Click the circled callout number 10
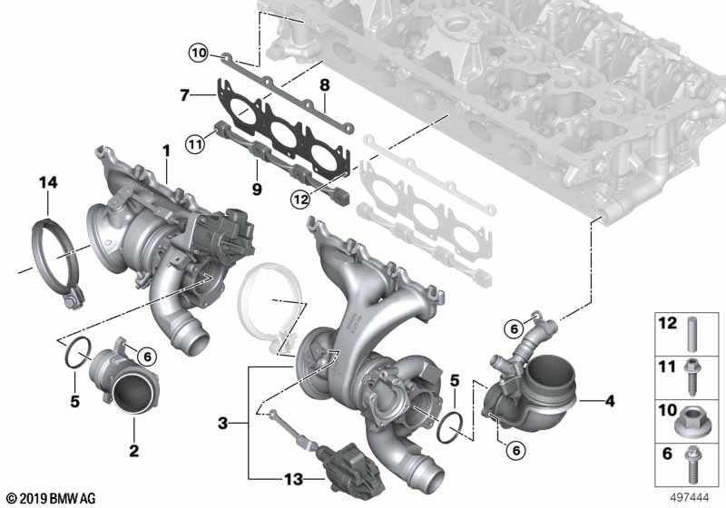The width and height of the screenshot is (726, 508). point(199,54)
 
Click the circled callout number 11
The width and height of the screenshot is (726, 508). point(195,144)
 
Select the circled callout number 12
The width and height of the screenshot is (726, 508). point(300,200)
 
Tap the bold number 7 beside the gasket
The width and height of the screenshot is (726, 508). point(185,96)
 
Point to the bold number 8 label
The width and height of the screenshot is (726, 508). point(325,85)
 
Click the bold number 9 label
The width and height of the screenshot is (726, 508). point(257,189)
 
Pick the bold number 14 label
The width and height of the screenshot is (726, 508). point(48,182)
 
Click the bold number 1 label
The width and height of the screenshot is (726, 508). point(166,151)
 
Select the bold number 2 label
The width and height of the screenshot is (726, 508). point(133,450)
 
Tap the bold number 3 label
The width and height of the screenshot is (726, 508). point(223,423)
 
